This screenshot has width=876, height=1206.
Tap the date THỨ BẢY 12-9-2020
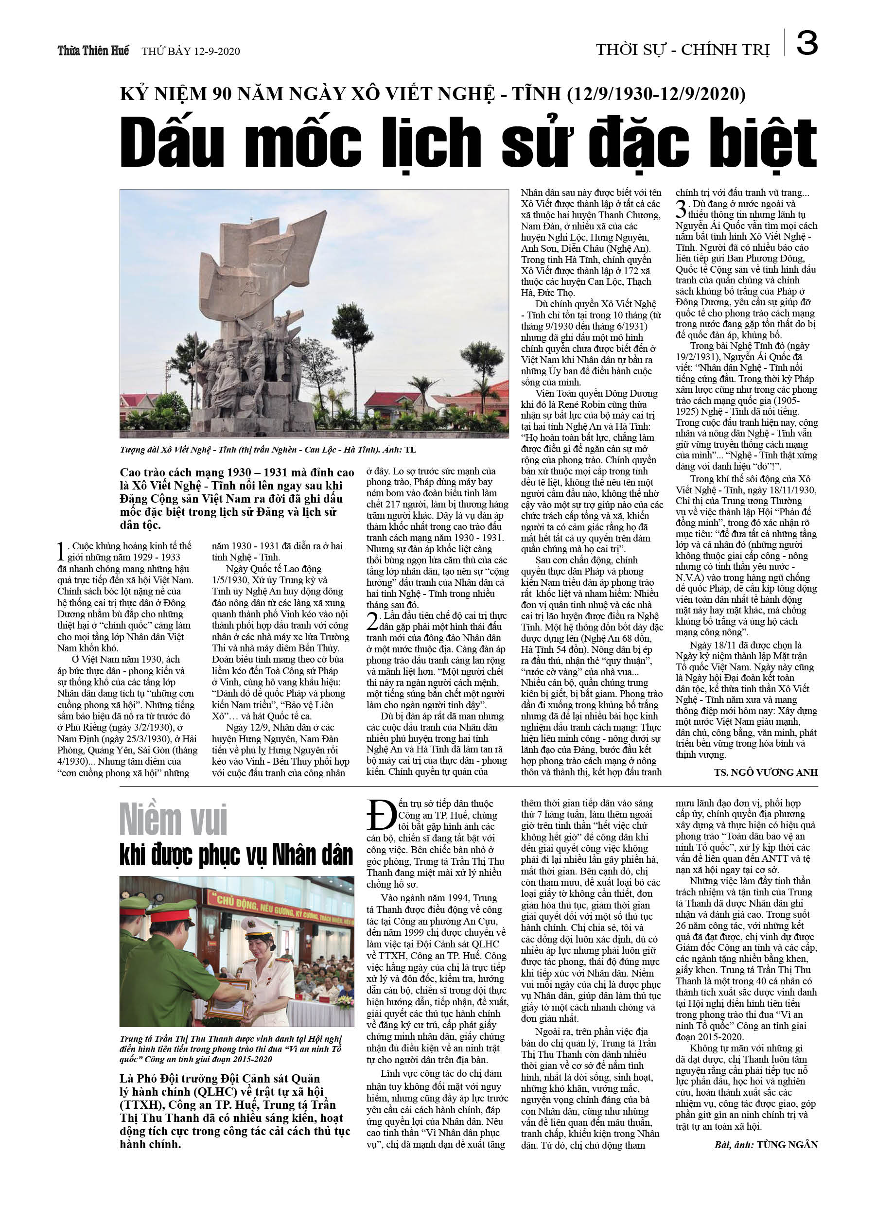pyautogui.click(x=191, y=51)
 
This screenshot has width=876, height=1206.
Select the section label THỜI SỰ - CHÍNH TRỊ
pyautogui.click(x=683, y=50)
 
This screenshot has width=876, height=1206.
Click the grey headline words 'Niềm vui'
pyautogui.click(x=174, y=820)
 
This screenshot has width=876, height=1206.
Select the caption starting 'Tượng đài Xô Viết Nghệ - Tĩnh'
pyautogui.click(x=267, y=450)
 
